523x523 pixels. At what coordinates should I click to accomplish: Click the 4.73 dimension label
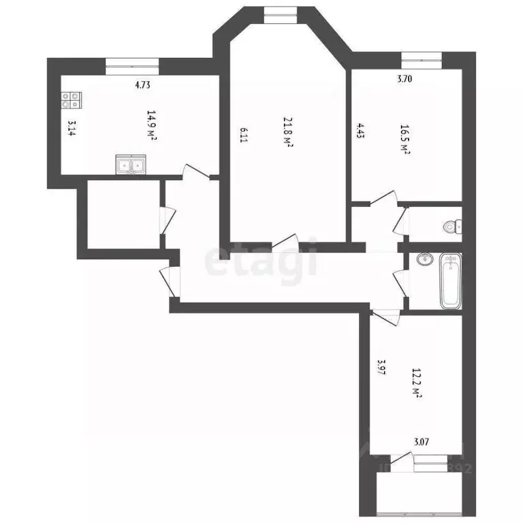[142, 85]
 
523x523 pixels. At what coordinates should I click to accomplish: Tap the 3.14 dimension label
[71, 129]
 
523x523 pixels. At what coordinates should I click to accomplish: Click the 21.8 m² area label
[288, 132]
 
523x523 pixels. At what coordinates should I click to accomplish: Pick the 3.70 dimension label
[405, 78]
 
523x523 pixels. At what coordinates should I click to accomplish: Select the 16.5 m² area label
[404, 140]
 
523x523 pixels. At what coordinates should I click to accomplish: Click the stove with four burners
[69, 101]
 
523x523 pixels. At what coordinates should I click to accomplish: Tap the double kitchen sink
[131, 165]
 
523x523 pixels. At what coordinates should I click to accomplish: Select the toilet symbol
[451, 227]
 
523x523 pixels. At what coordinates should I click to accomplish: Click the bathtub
[450, 280]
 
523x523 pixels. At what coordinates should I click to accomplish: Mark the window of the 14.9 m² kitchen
[132, 64]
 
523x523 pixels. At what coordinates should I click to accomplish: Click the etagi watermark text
[262, 259]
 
